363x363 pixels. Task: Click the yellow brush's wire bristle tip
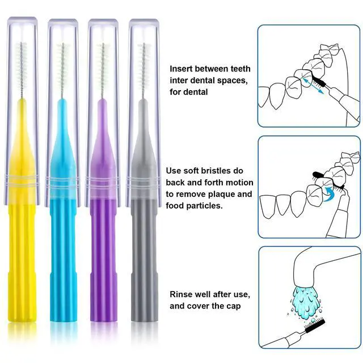point(22,43)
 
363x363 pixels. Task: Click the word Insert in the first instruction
point(181,69)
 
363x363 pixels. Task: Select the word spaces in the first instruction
point(232,81)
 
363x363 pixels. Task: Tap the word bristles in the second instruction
point(216,171)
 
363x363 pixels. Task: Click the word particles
point(204,206)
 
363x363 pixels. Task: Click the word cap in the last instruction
point(234,306)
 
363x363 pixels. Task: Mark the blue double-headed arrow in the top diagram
point(313,86)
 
